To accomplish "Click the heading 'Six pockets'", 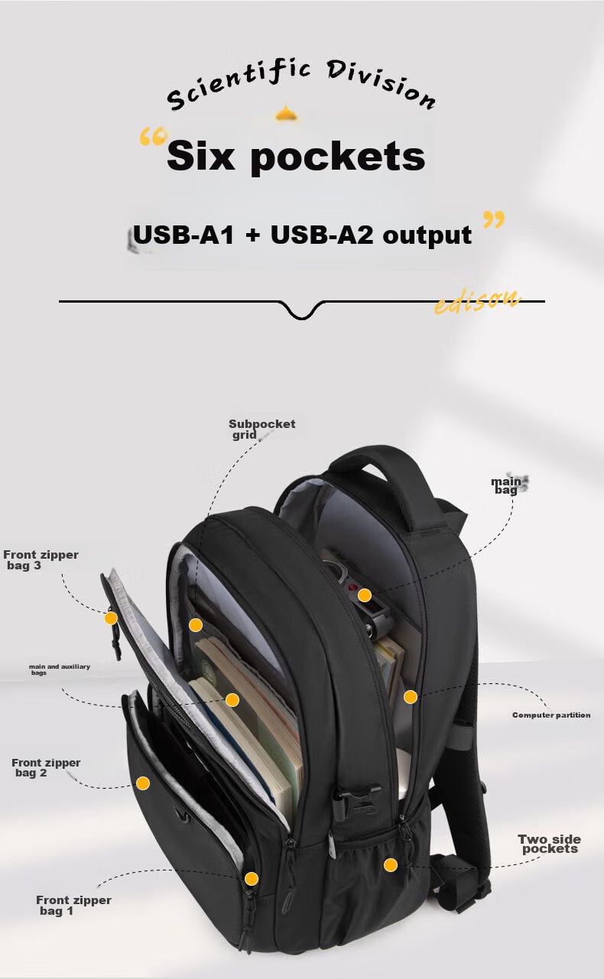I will (295, 157).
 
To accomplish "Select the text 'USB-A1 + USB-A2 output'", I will (302, 235).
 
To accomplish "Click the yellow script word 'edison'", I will (477, 301).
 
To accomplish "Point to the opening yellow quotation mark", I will (153, 138).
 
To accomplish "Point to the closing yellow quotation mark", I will (494, 220).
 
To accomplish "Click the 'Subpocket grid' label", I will (261, 429).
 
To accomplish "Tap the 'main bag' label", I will (505, 485).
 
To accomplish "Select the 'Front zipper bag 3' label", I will (40, 560).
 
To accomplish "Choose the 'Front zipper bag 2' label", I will (45, 767).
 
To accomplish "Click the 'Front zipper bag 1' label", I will (73, 905).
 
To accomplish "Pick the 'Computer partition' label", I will (550, 715).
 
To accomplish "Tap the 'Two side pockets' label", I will (549, 844).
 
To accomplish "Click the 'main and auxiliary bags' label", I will (59, 669).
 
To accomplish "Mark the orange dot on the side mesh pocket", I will (391, 864).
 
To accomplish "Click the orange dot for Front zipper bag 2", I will (143, 783).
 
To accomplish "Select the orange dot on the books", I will (232, 699).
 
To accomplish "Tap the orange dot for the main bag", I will (365, 595).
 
